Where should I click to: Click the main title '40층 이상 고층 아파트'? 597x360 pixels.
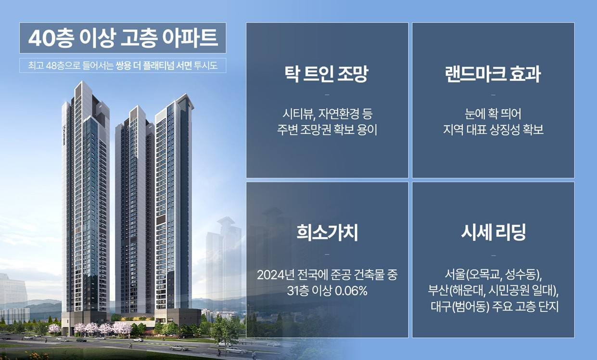pyautogui.click(x=123, y=38)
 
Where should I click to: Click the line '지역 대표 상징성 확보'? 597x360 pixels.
pyautogui.click(x=493, y=130)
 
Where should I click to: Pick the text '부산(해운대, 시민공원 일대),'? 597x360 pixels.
pyautogui.click(x=493, y=291)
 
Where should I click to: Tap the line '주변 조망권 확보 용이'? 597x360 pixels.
pyautogui.click(x=327, y=130)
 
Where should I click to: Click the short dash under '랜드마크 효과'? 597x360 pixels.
pyautogui.click(x=493, y=95)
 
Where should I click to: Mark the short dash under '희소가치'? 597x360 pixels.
pyautogui.click(x=327, y=254)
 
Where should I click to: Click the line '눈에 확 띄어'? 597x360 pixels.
pyautogui.click(x=493, y=115)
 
